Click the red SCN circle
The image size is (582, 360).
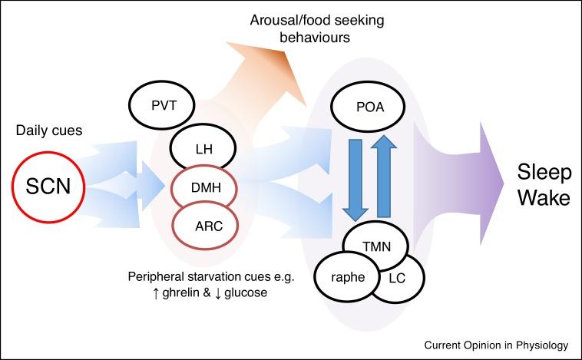48,187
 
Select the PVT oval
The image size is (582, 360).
160,104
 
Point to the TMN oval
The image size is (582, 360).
375,247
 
